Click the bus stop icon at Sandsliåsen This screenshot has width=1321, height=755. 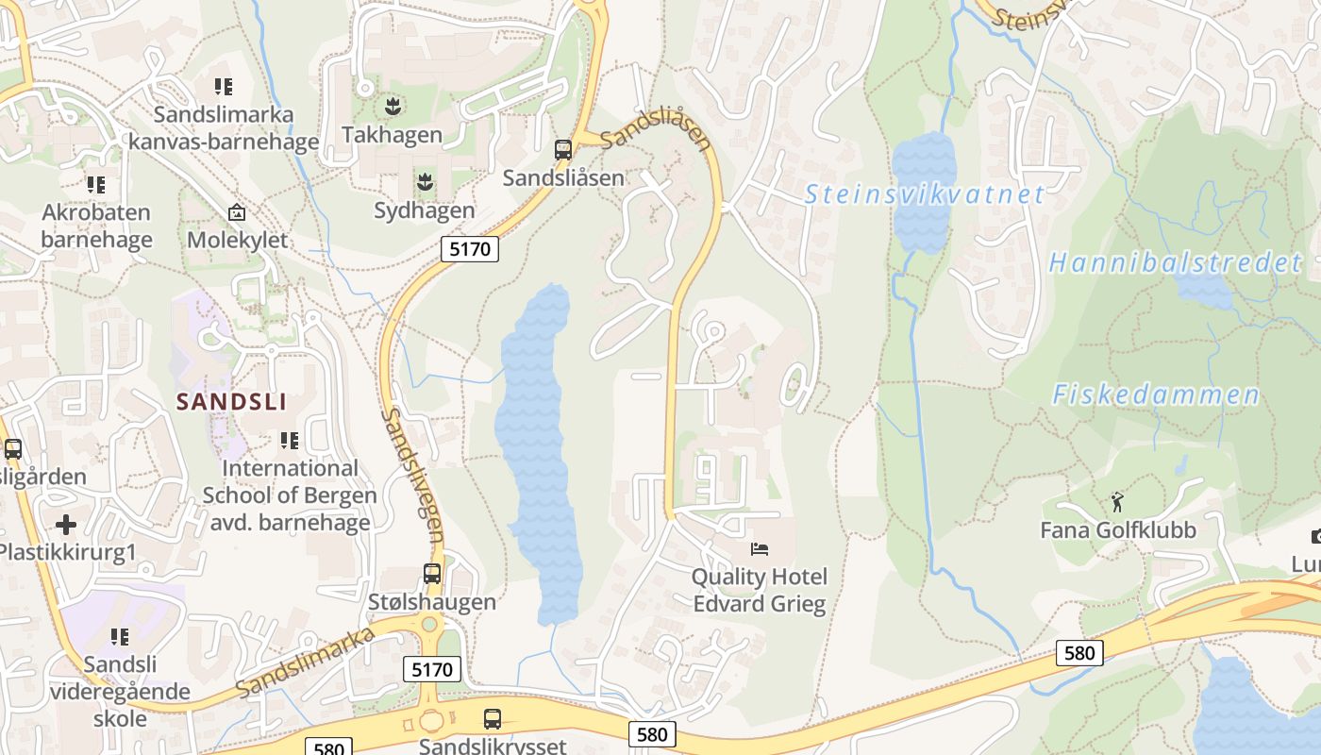coord(563,149)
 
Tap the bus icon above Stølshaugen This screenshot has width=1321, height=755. coord(431,574)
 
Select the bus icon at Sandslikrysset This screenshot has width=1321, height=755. coord(493,718)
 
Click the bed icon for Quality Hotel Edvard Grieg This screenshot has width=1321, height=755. coord(760,548)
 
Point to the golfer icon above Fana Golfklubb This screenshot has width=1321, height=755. coord(1118,501)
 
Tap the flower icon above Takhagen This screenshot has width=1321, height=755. coord(392,105)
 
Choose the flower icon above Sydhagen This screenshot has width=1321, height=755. coord(424,181)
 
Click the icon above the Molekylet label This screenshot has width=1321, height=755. coord(237,212)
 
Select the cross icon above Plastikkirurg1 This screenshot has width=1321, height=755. coord(66,524)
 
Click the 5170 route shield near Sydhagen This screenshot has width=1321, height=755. coord(469,249)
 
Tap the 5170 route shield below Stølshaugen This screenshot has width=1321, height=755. coord(432,670)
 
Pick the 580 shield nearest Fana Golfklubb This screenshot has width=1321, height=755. coord(1079,653)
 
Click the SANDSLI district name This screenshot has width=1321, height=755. coord(231,402)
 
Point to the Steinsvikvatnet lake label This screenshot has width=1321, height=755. coord(924,195)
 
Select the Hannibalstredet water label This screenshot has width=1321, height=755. coord(1175,263)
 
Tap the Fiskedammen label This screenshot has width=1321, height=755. coord(1156,394)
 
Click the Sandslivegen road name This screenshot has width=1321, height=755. coord(413,477)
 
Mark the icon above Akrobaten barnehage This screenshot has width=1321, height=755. coord(95,184)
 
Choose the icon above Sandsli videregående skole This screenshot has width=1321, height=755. coord(120,637)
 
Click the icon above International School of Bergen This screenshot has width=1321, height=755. coord(290,440)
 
